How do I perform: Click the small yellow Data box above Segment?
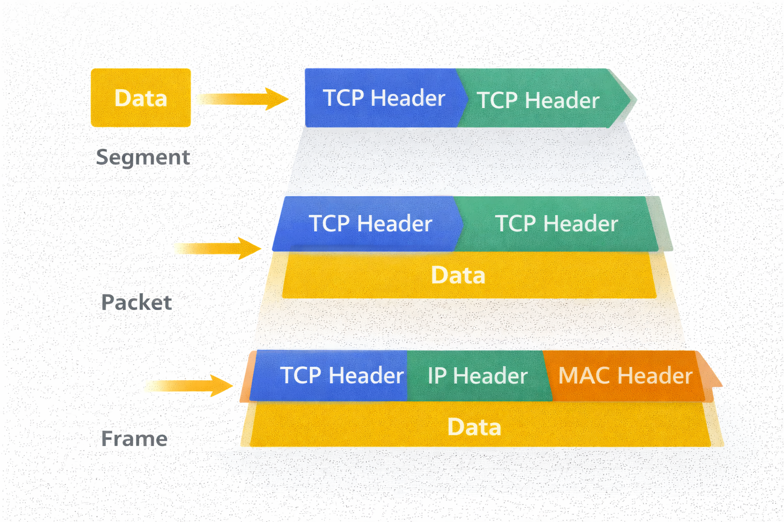(x=140, y=97)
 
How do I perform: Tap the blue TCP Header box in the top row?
(x=383, y=98)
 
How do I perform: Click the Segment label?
(x=143, y=157)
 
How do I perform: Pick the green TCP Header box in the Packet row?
(x=556, y=224)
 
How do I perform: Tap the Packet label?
(x=136, y=302)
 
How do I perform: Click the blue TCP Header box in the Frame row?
(x=341, y=376)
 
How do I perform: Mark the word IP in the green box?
(x=437, y=376)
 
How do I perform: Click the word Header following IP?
(x=490, y=376)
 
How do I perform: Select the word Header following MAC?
(x=655, y=376)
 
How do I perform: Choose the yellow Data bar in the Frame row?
(x=475, y=427)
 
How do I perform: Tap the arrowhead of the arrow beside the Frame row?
(x=222, y=385)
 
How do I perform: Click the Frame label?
(x=134, y=439)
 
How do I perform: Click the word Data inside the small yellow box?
(x=140, y=98)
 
